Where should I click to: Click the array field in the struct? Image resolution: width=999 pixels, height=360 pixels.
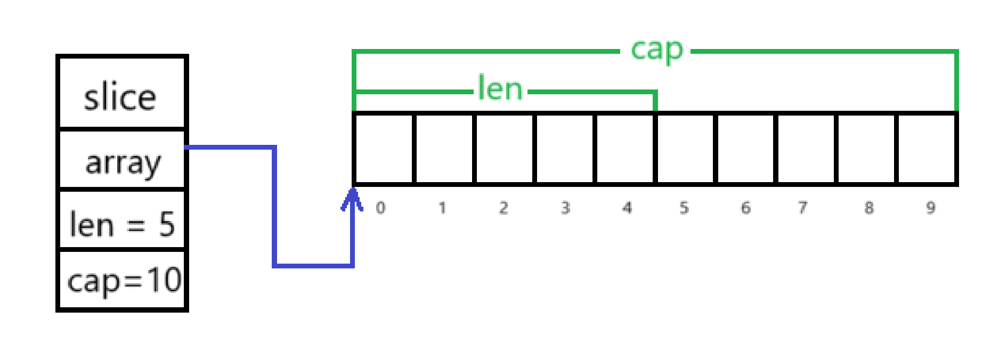(x=123, y=162)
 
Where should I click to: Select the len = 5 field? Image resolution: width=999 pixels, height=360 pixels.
(x=122, y=224)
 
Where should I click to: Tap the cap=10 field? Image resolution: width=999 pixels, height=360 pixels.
(x=124, y=280)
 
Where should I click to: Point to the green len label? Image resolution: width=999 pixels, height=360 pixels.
(x=500, y=88)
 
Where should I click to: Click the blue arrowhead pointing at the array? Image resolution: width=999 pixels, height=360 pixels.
(x=352, y=200)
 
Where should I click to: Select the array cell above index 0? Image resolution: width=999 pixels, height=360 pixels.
(x=384, y=149)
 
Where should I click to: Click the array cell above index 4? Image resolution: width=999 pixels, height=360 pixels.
(x=624, y=149)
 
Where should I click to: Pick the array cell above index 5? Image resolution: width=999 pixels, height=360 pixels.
(x=685, y=149)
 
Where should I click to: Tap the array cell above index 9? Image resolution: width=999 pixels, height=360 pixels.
(x=927, y=149)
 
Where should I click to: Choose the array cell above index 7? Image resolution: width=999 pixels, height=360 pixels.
(x=806, y=149)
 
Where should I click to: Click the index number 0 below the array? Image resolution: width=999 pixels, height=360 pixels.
(x=380, y=208)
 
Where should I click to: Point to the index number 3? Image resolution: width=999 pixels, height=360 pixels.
(x=565, y=208)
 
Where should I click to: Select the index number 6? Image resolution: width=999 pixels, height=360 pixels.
(x=745, y=208)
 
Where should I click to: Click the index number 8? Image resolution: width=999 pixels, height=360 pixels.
(x=869, y=208)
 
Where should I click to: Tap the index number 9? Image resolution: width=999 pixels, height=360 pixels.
(x=930, y=208)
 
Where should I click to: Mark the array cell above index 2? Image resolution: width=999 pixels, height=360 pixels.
(x=504, y=149)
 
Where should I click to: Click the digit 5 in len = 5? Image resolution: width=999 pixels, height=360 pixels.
(x=167, y=224)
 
